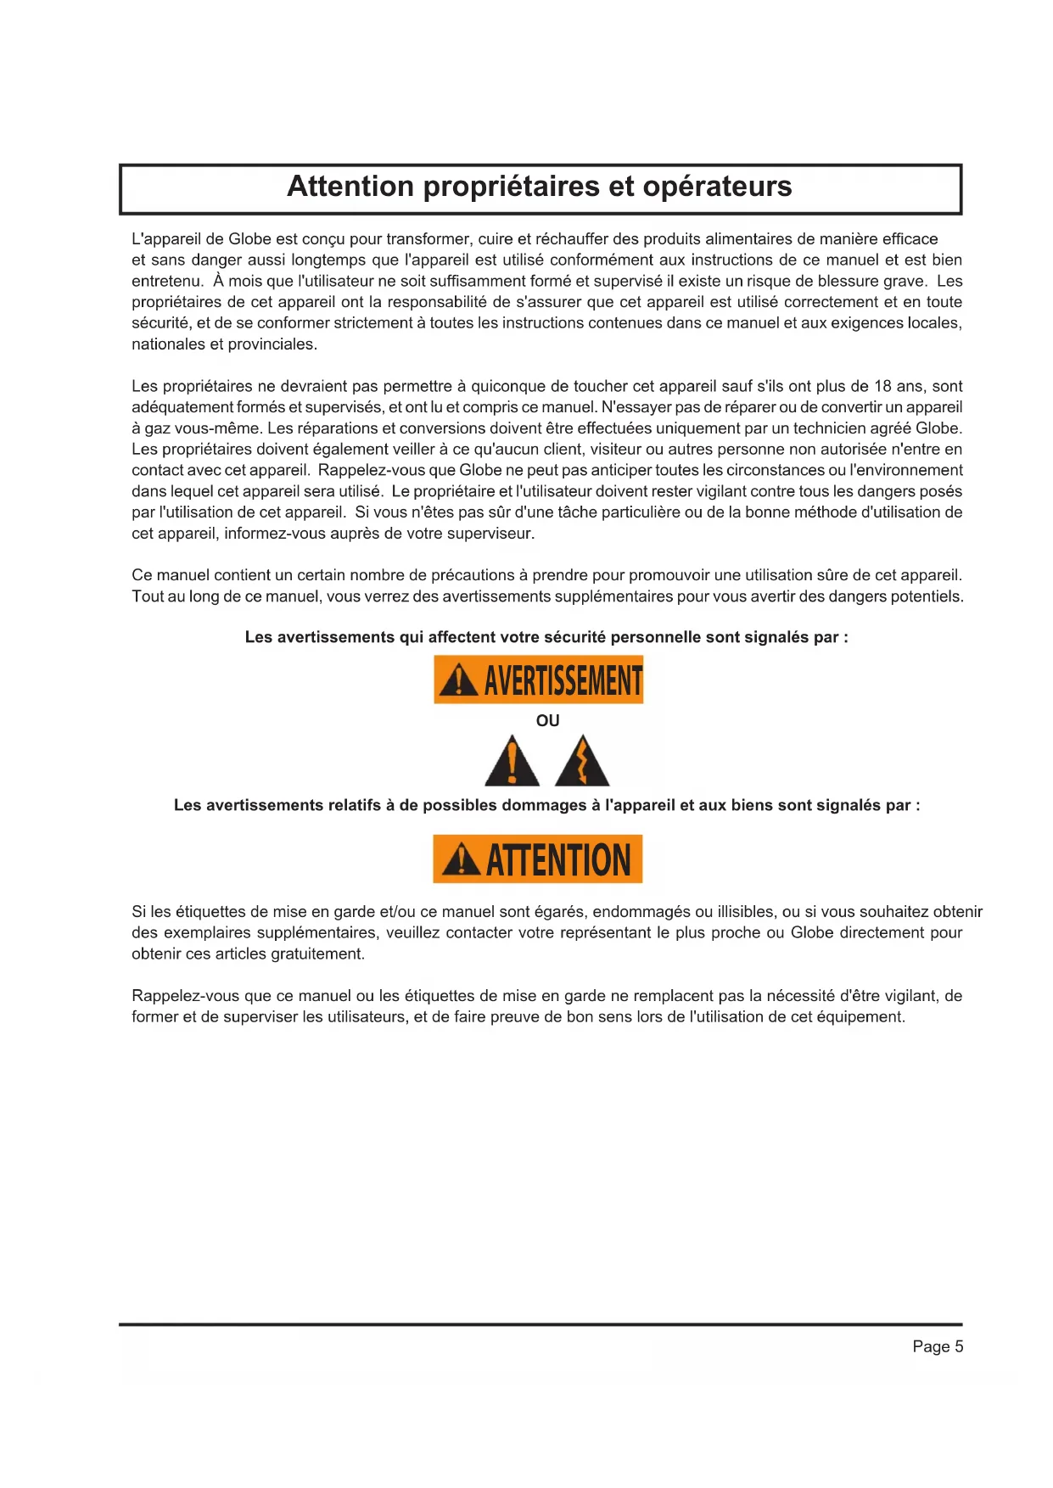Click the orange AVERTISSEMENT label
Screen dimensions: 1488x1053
click(x=538, y=680)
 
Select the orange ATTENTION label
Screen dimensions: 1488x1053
click(x=537, y=859)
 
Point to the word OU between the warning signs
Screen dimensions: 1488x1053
click(x=547, y=721)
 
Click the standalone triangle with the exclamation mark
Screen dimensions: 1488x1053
click(x=512, y=763)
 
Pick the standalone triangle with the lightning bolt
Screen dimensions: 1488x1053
click(x=582, y=763)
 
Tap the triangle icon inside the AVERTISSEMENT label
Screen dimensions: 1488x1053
click(x=458, y=680)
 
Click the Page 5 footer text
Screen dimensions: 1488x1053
click(x=938, y=1346)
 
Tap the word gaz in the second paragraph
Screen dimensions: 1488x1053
click(x=158, y=428)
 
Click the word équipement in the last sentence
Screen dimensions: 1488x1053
click(x=859, y=1017)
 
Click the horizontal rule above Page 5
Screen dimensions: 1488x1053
click(x=541, y=1324)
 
